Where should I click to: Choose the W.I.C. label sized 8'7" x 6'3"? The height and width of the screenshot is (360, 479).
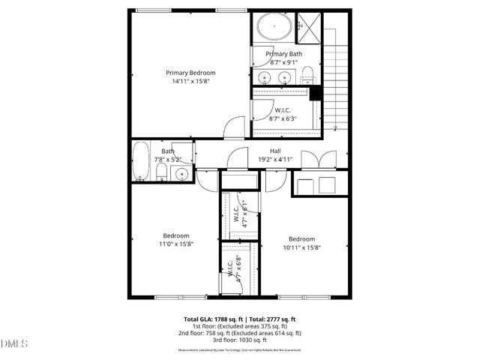[283, 110]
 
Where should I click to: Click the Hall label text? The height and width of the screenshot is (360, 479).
[275, 151]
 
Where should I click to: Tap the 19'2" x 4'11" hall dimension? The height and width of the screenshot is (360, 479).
[275, 160]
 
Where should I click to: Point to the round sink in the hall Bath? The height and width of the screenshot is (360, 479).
[182, 174]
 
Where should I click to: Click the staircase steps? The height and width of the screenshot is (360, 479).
[337, 82]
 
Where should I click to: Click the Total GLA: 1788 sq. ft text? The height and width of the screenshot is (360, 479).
[211, 319]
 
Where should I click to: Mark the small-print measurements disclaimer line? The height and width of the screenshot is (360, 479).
[239, 350]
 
